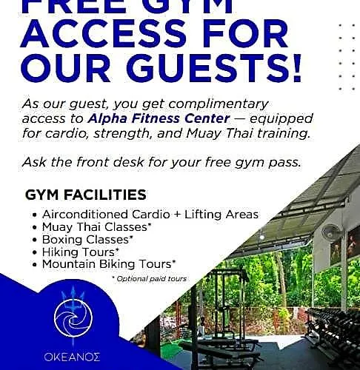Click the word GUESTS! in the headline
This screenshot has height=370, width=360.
click(214, 67)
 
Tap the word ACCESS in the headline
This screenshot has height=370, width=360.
click(104, 33)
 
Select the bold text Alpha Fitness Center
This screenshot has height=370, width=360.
click(159, 118)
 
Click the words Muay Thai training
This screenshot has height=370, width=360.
click(248, 133)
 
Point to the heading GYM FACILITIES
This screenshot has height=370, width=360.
click(86, 195)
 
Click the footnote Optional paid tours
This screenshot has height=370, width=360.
click(150, 279)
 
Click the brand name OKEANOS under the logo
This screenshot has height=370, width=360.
click(72, 357)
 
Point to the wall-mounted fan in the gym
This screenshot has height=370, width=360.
click(330, 233)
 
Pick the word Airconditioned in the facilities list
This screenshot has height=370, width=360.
click(85, 215)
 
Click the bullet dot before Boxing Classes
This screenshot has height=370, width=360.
click(35, 240)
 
